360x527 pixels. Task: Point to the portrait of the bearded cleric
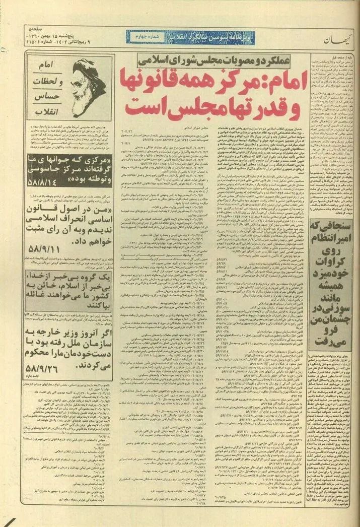90,88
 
